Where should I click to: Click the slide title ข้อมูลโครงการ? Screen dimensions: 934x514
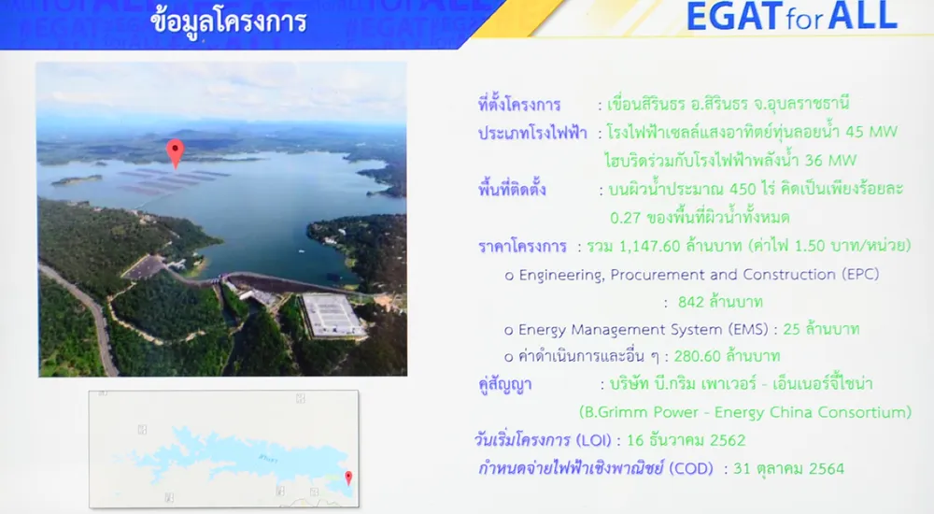(x=229, y=21)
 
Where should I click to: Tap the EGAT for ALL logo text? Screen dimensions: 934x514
(x=792, y=17)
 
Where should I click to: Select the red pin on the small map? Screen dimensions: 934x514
(x=348, y=478)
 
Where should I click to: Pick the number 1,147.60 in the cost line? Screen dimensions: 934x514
(x=649, y=246)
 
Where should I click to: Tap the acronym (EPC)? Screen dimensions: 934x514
(x=861, y=275)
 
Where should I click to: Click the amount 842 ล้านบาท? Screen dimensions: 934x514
(x=720, y=302)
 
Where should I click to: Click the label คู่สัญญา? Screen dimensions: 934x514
(x=505, y=385)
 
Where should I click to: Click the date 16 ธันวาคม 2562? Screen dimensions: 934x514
(x=686, y=440)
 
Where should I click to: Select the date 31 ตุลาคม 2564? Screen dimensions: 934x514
(x=788, y=469)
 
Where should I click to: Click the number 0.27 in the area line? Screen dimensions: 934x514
(x=626, y=218)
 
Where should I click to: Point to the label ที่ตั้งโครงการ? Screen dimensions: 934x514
(x=518, y=105)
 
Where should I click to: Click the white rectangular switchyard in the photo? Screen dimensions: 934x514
(x=332, y=314)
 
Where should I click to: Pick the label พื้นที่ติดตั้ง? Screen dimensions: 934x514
(x=512, y=190)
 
